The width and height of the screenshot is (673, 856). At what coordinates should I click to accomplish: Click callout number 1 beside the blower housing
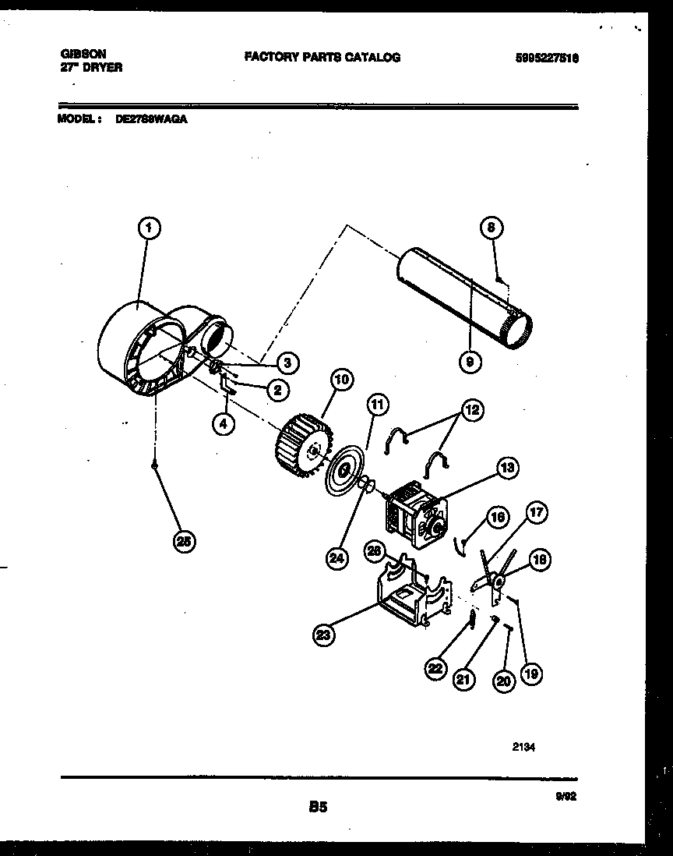[x=150, y=228]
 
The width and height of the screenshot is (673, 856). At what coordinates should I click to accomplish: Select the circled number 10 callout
[x=340, y=380]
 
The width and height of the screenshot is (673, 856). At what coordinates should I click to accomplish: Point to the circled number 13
[x=507, y=468]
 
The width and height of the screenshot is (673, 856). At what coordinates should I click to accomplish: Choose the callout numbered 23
[x=323, y=635]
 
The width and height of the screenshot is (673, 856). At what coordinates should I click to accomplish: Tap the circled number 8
[x=491, y=228]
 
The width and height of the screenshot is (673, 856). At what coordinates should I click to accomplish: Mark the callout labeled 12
[x=472, y=410]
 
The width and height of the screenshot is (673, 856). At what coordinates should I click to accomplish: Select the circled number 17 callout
[x=537, y=513]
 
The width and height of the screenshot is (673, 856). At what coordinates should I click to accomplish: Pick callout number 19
[x=531, y=674]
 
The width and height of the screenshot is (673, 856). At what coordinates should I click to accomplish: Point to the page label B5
[x=318, y=808]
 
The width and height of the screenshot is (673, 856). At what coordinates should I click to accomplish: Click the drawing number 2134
[x=523, y=746]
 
